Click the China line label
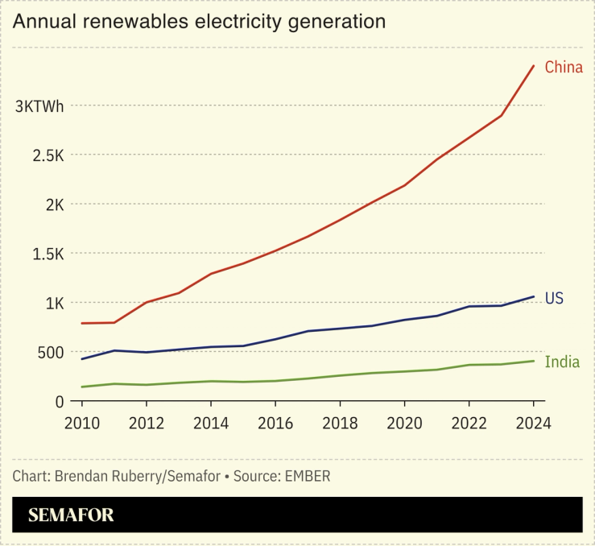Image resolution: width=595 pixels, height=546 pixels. [563, 67]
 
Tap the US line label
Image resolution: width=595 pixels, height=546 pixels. [554, 299]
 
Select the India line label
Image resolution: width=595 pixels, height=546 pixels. [562, 362]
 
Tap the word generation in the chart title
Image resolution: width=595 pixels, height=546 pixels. [337, 22]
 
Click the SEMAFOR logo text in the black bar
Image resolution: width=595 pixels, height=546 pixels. [71, 515]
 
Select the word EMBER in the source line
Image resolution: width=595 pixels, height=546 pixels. [307, 476]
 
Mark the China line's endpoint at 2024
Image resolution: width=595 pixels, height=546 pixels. [534, 66]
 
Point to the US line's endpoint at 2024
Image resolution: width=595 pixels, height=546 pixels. [534, 296]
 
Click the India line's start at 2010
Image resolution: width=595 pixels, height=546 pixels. [81, 387]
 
